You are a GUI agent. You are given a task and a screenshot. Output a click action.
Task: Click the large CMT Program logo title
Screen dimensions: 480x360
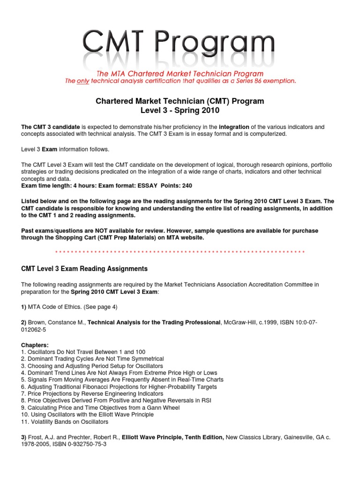(x=180, y=43)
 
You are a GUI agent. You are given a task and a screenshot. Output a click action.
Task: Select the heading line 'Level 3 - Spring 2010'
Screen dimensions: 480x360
(x=180, y=111)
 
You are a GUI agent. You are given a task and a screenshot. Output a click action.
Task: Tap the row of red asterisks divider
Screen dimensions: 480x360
(x=180, y=252)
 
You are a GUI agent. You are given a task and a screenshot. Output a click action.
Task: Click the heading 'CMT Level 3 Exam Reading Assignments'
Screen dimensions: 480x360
(x=85, y=269)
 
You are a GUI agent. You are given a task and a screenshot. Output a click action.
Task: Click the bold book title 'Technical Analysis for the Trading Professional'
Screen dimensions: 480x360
(x=155, y=322)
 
